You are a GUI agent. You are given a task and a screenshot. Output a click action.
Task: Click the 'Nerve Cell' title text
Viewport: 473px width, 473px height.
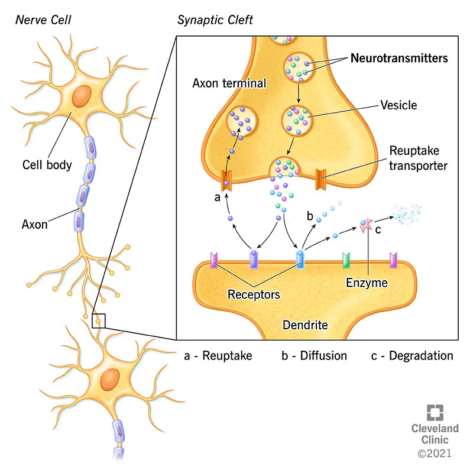43,20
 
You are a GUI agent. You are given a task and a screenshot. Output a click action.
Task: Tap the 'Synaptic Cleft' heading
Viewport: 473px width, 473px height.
215,20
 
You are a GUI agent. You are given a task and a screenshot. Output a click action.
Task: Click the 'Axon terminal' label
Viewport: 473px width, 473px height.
229,83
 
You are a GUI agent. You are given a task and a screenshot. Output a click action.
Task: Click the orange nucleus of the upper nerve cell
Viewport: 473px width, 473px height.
82,96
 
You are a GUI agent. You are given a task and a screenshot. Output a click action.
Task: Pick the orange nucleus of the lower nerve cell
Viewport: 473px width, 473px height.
109,378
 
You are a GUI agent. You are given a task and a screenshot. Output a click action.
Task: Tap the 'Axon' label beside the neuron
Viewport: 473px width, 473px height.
34,224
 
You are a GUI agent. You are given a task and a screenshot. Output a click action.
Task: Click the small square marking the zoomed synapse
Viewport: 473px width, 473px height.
99,320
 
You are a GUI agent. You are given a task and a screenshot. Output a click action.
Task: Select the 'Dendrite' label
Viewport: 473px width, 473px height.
305,325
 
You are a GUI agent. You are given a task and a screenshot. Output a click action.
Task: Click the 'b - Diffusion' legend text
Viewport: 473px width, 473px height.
314,355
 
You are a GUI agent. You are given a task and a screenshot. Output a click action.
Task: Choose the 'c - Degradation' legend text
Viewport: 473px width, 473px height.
412,355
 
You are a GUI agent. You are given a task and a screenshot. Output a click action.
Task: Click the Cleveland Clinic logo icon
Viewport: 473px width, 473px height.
435,413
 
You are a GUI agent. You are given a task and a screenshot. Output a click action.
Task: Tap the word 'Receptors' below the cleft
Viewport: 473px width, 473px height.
254,293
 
